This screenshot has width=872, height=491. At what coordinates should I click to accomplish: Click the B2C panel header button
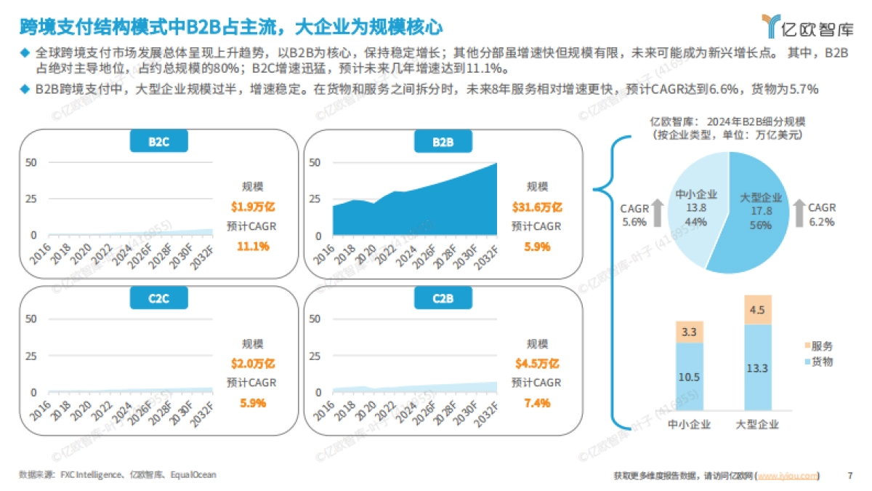158,141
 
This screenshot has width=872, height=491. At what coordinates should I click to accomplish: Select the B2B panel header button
443,141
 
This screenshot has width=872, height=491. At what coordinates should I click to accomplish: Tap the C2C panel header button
158,298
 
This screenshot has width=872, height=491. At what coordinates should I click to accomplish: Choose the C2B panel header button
443,298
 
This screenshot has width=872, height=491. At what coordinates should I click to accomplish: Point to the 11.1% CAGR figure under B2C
253,246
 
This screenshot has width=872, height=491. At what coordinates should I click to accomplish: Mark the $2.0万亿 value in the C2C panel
253,364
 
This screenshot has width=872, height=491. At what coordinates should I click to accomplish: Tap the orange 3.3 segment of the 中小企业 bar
689,332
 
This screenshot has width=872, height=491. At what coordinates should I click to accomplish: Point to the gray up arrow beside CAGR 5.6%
656,213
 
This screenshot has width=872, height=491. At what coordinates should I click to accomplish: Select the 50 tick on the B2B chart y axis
315,162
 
